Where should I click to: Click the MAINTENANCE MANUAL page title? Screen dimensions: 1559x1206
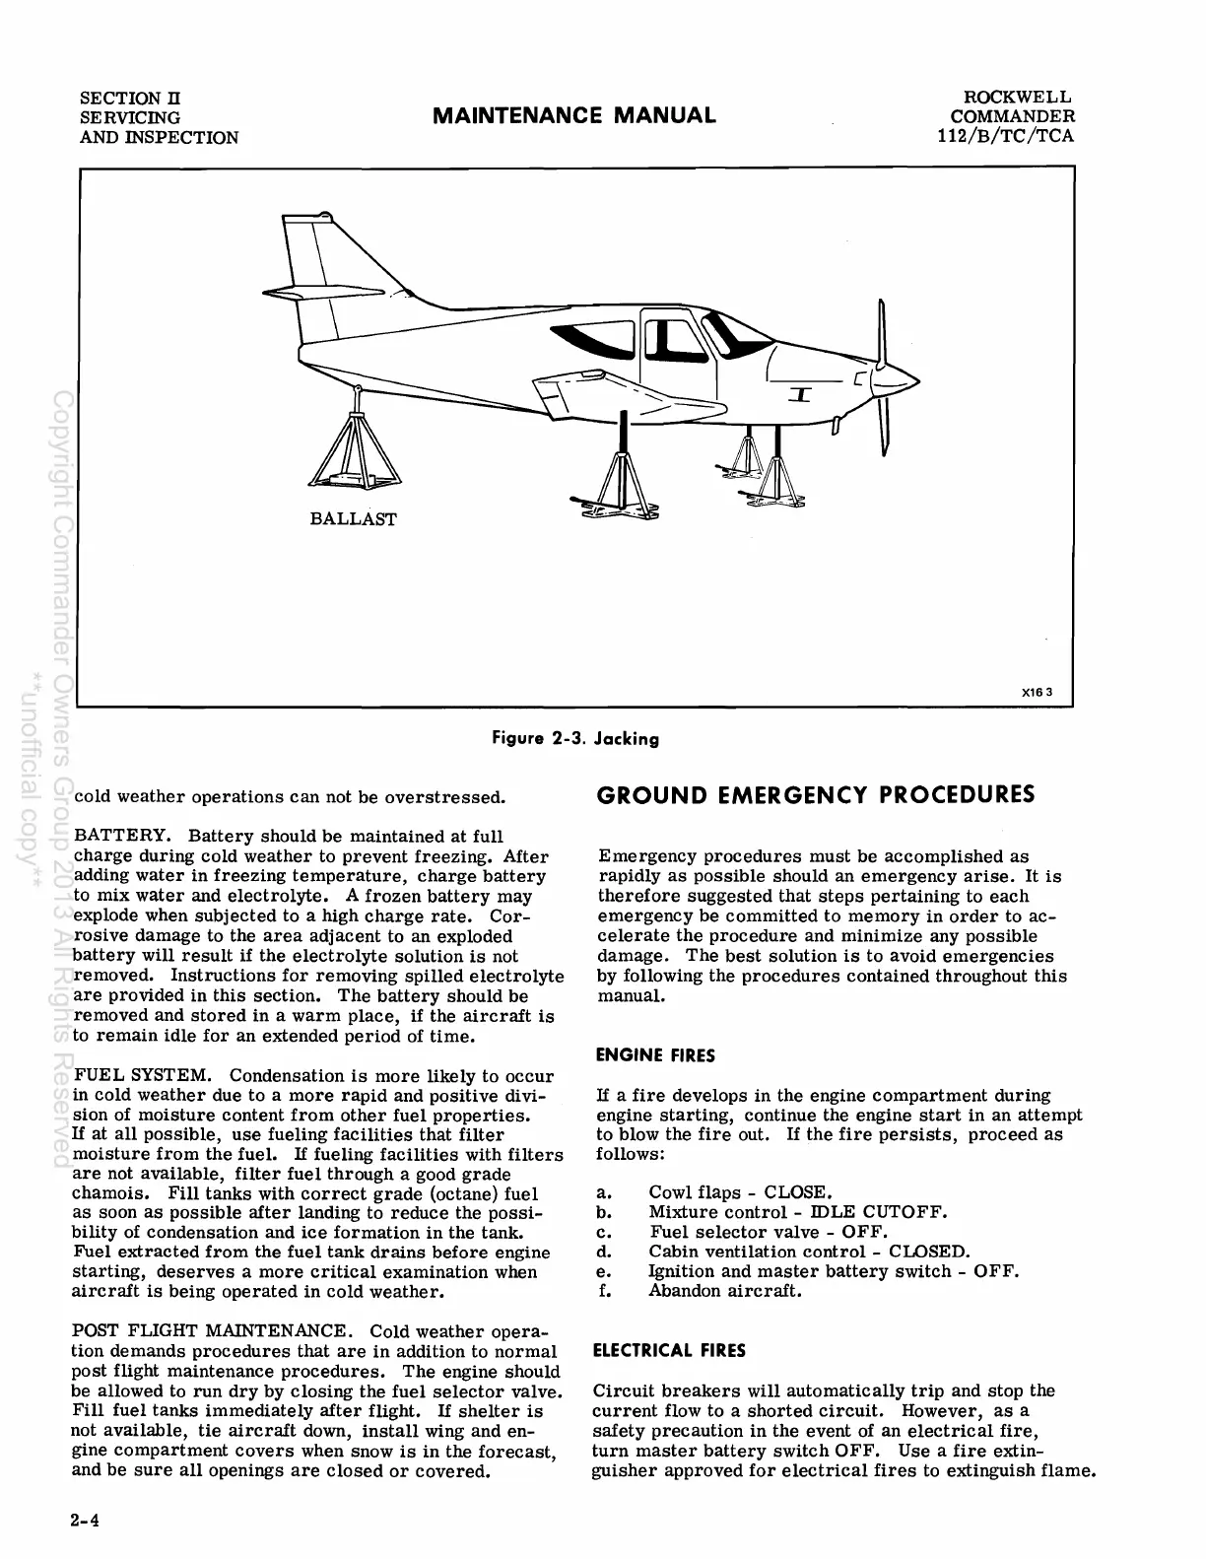tap(574, 115)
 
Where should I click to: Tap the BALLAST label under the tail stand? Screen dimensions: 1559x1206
tap(354, 519)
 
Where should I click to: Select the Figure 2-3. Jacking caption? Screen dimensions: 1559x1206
tap(574, 738)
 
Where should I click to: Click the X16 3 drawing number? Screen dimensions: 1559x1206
tap(1037, 691)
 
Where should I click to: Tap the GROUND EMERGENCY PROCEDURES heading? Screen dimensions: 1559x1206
tap(816, 794)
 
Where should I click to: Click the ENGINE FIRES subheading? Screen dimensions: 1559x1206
tap(655, 1055)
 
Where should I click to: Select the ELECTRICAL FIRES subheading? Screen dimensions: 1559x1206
tap(668, 1350)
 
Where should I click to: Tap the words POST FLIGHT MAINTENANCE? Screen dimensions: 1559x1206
tap(209, 1331)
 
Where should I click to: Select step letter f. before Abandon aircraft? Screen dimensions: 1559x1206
tap(605, 1291)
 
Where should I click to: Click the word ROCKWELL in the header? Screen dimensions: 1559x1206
tap(1017, 98)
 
